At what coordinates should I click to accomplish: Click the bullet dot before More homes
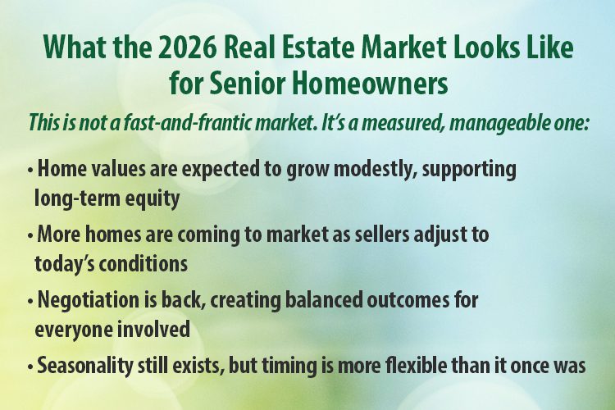click(x=30, y=237)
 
